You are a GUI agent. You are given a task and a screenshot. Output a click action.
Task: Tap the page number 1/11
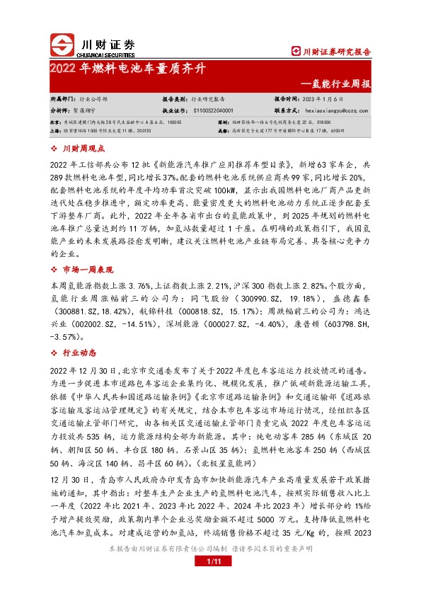click(210, 561)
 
